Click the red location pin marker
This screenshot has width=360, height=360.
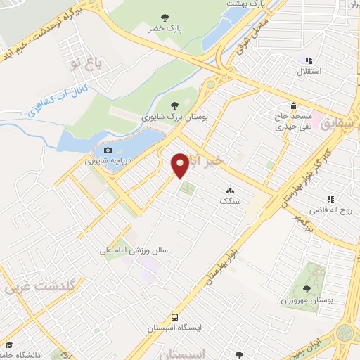coord(181,165)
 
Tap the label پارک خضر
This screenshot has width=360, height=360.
coord(165,29)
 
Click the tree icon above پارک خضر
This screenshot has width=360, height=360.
coord(165,17)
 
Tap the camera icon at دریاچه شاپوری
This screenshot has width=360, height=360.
coord(108,150)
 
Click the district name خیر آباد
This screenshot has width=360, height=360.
coord(210,164)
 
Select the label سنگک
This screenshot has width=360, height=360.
coord(230,201)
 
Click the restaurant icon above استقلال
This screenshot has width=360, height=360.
coord(309,60)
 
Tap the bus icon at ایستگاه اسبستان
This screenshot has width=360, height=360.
coord(174,317)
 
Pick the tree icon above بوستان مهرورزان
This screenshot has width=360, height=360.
coord(306,288)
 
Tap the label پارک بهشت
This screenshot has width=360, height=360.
coord(245,4)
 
